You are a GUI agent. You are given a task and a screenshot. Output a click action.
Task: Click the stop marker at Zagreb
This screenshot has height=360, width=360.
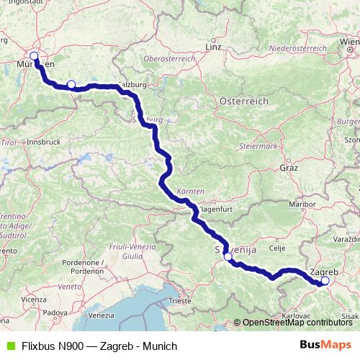(324, 282)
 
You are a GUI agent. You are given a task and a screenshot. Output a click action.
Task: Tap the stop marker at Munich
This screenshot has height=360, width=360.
(34, 55)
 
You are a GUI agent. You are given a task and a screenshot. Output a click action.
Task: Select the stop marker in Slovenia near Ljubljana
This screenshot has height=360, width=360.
(228, 256)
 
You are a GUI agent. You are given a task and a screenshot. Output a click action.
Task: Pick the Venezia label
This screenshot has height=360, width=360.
(102, 316)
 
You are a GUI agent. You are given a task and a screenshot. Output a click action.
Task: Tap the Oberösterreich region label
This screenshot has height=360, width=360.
(170, 58)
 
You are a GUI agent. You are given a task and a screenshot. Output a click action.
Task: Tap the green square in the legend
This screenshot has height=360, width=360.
(9, 346)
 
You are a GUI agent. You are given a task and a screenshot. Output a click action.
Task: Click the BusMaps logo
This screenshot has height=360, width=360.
(330, 345)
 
